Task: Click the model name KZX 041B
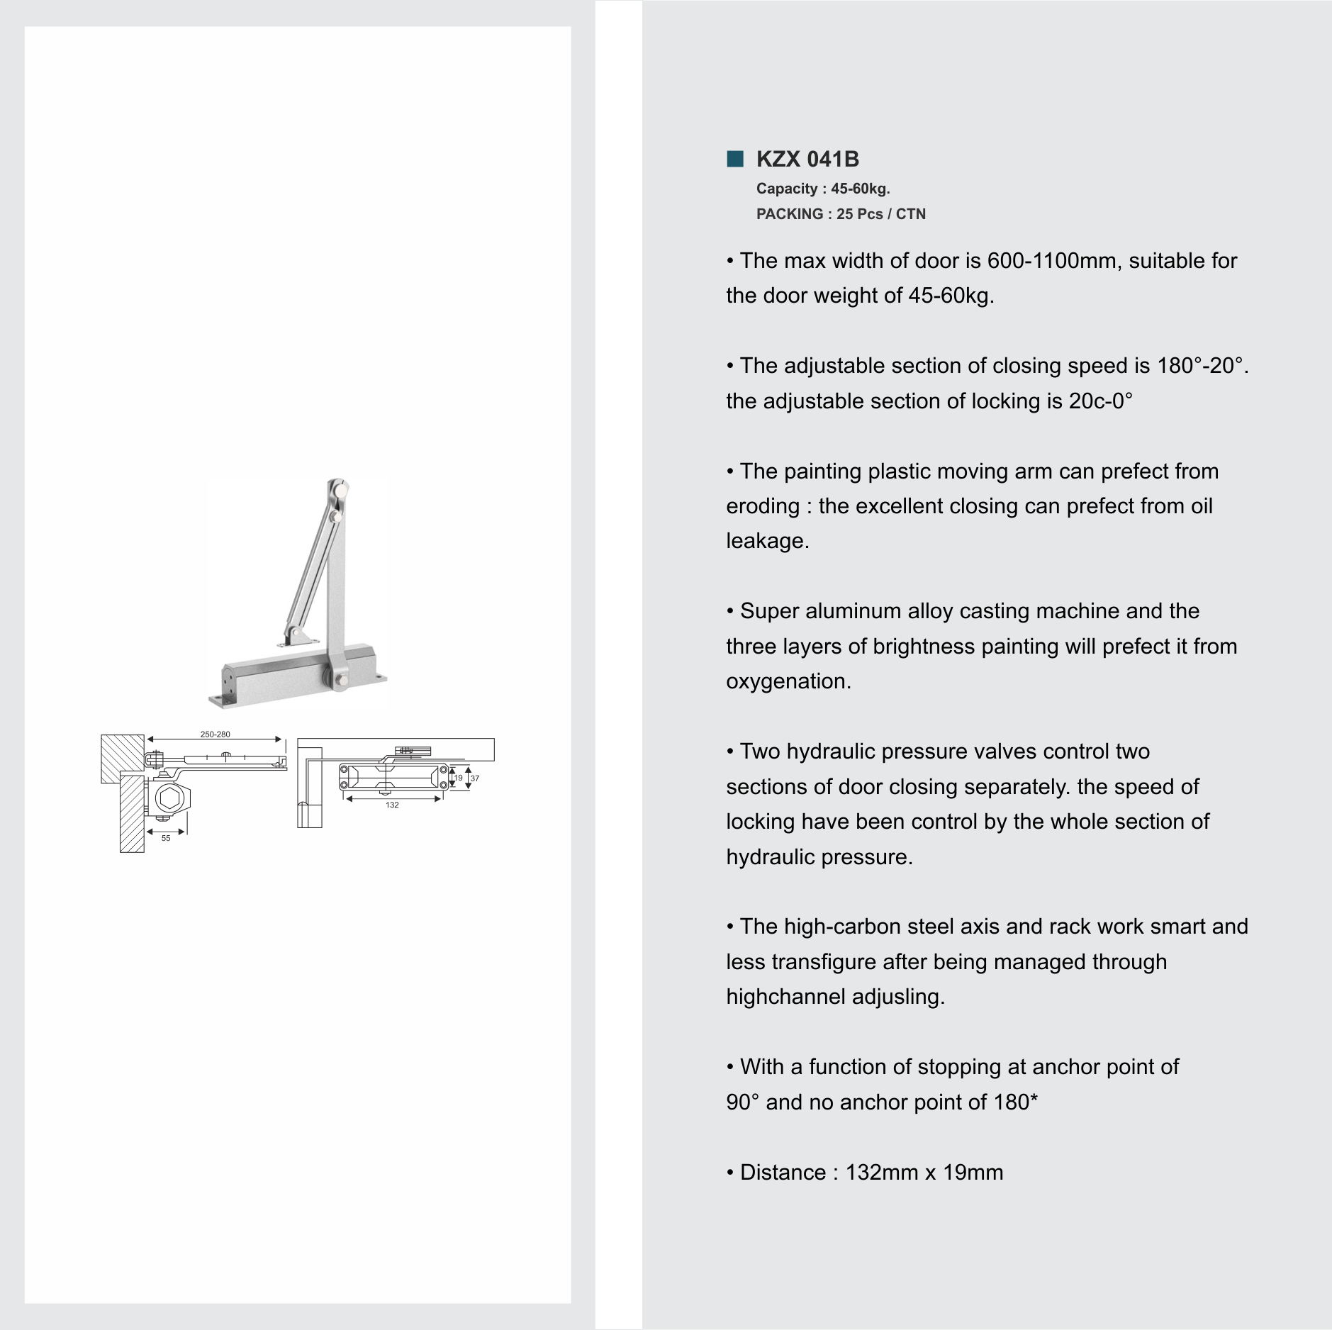pos(807,159)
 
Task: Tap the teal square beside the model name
pos(734,159)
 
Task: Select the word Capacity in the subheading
pos(786,189)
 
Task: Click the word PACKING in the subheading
pos(789,214)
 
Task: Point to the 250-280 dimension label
pos(215,734)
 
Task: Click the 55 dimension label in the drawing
pos(166,838)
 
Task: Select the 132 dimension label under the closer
pos(392,805)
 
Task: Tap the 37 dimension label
pos(475,778)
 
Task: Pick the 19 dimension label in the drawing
pos(458,778)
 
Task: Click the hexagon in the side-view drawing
pos(169,799)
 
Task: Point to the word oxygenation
pos(788,681)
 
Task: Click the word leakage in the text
pos(766,541)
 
